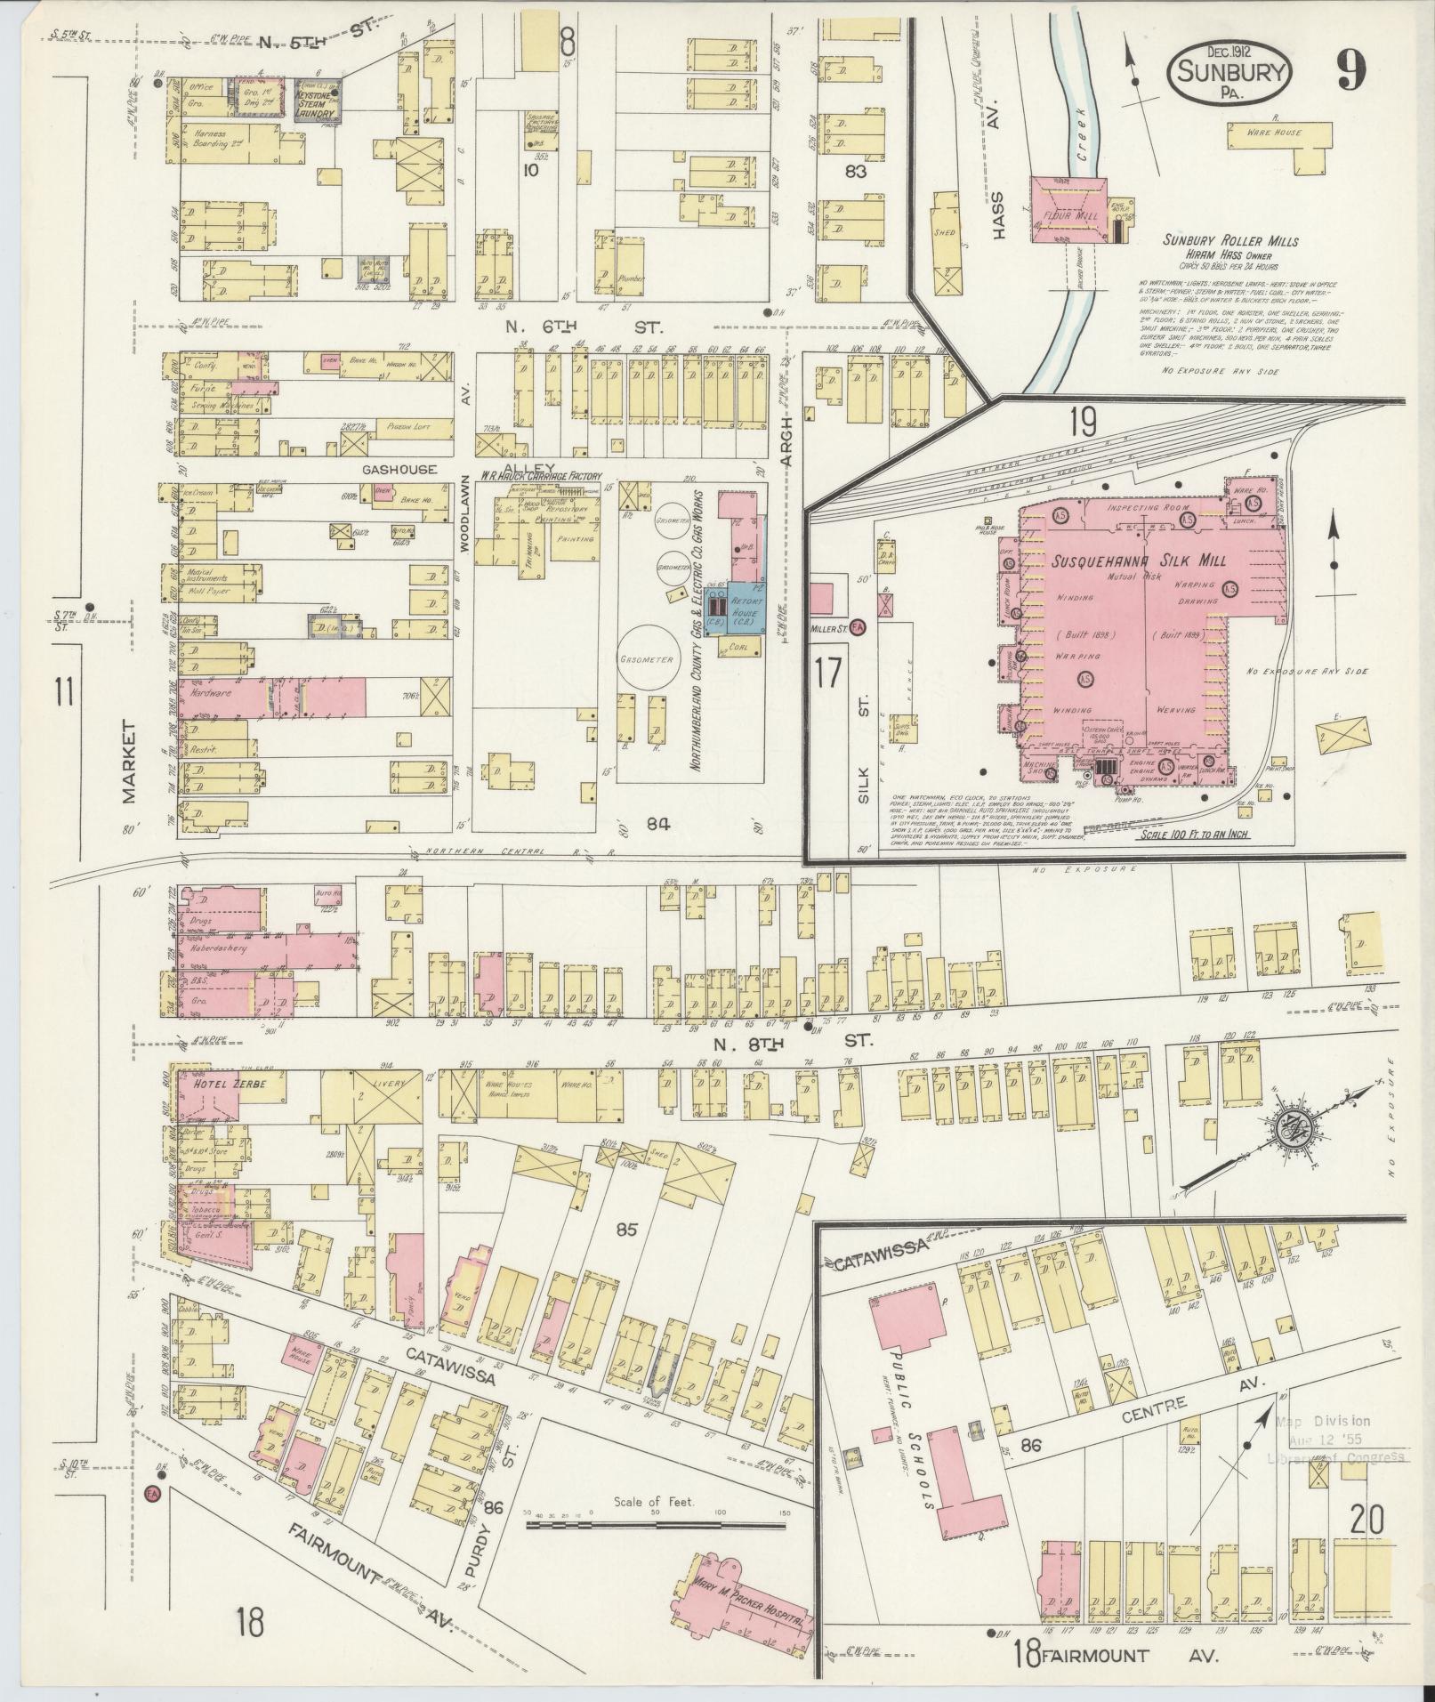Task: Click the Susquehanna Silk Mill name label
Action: (1140, 561)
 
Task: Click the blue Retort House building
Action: (745, 609)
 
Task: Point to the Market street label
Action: (130, 762)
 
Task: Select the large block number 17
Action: (826, 673)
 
